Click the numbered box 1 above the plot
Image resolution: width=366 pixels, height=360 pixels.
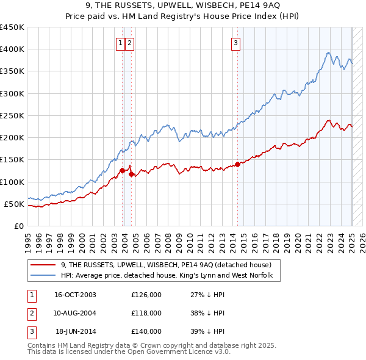[x=121, y=43]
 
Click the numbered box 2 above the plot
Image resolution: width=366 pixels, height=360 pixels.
[x=131, y=43]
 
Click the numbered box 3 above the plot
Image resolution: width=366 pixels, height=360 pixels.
[x=235, y=43]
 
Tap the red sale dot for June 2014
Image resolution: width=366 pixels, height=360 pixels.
[x=237, y=164]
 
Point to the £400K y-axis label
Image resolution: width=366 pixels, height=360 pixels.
[x=12, y=49]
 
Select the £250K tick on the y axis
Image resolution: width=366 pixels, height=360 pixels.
[x=12, y=116]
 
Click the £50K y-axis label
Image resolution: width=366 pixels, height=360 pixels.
[x=15, y=204]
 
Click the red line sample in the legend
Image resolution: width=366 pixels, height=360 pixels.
[x=43, y=265]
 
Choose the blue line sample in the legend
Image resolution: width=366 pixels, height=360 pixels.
[x=43, y=275]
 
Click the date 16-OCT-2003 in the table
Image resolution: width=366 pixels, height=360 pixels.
[x=75, y=295]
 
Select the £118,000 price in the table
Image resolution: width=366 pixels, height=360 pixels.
[x=146, y=313]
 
